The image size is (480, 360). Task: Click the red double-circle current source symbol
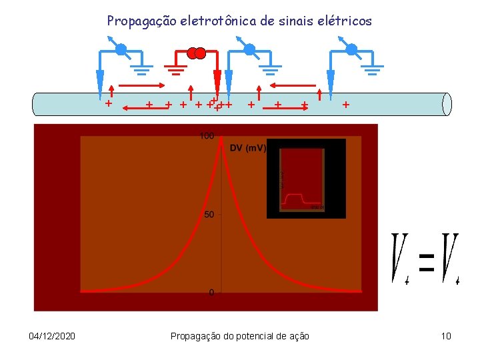click(196, 53)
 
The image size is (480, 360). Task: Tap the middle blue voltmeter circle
click(249, 49)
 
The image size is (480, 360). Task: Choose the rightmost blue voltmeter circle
click(351, 49)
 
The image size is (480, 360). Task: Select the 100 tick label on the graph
click(206, 137)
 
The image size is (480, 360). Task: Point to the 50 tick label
click(209, 215)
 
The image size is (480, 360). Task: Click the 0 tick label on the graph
click(211, 293)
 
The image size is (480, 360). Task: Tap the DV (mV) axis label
click(248, 148)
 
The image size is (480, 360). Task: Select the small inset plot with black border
click(306, 178)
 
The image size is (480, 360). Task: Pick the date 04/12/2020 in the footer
click(52, 336)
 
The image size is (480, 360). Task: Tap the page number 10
click(446, 336)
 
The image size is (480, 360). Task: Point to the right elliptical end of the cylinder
click(447, 104)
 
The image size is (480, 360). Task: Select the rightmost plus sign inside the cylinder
click(345, 104)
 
